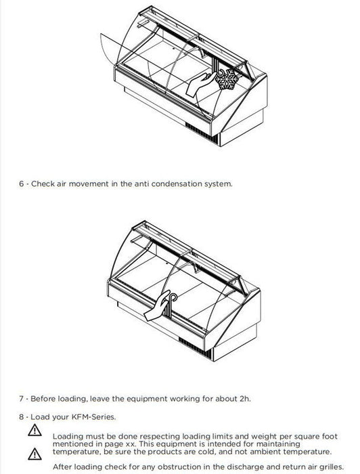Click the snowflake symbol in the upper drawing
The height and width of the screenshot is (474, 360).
point(227,79)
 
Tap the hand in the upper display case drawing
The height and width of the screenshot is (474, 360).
point(200,85)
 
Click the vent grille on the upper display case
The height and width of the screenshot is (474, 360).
point(202,133)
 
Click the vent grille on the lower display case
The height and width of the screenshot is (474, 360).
point(195,347)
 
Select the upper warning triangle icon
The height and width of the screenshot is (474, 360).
point(35,430)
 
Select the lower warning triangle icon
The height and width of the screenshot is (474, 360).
point(35,454)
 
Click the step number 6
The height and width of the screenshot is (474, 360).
point(21,184)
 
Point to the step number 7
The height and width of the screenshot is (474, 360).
point(21,399)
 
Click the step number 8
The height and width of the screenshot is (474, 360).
point(21,417)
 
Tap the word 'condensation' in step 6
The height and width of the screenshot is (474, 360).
point(177,184)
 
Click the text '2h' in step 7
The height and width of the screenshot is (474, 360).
point(245,399)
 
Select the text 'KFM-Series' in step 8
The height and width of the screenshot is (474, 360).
point(93,417)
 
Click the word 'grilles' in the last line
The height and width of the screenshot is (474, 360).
point(331,467)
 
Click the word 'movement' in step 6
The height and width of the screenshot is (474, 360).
point(89,184)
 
